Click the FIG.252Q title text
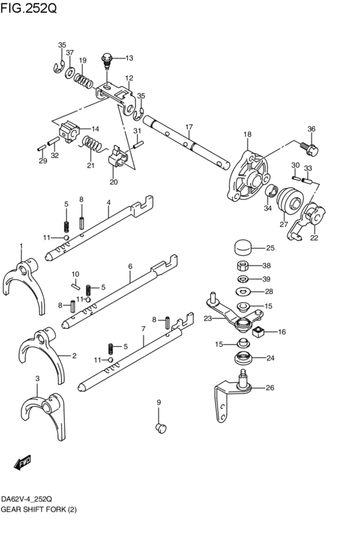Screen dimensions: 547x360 pos(30,9)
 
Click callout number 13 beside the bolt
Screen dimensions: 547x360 pos(129,58)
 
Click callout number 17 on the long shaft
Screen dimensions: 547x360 pos(189,126)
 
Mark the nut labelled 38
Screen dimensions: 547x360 pos(243,265)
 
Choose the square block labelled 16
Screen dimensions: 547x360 pos(260,332)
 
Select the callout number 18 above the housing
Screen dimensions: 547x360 pos(247,134)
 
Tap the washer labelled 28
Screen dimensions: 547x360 pos(243,292)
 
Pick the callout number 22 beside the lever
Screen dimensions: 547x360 pos(314,237)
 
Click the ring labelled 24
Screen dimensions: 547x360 pos(242,358)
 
